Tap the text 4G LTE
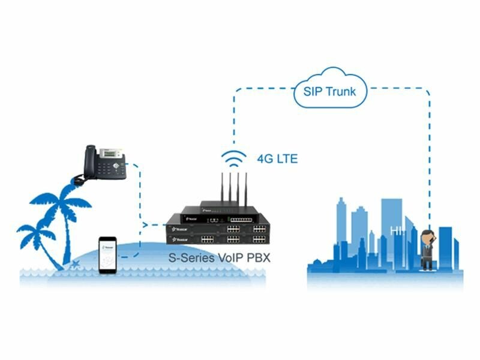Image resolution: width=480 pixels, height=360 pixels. click(277, 160)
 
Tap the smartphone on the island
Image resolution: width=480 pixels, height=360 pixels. click(108, 255)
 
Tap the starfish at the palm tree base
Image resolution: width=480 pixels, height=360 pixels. click(76, 264)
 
